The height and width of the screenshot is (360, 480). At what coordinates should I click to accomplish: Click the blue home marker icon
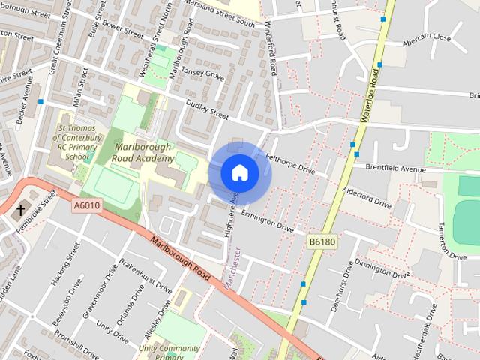pyautogui.click(x=239, y=173)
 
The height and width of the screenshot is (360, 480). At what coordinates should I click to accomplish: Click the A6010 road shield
pyautogui.click(x=88, y=203)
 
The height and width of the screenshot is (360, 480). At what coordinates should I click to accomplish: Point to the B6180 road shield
pyautogui.click(x=321, y=241)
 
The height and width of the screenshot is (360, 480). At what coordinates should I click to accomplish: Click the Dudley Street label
pyautogui.click(x=207, y=110)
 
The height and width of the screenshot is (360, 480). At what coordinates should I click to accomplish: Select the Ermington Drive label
pyautogui.click(x=267, y=220)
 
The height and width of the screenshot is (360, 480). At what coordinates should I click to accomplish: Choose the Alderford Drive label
pyautogui.click(x=367, y=196)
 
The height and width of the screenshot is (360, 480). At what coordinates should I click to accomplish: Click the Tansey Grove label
pyautogui.click(x=203, y=73)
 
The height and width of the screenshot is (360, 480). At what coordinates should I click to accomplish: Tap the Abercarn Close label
pyautogui.click(x=426, y=37)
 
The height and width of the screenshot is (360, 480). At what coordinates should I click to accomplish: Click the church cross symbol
pyautogui.click(x=20, y=211)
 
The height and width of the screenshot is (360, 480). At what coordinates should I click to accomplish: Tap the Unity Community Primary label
pyautogui.click(x=169, y=352)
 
